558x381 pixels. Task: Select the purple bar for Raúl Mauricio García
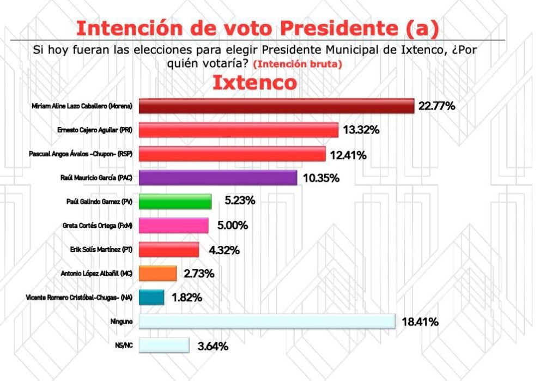coord(218,178)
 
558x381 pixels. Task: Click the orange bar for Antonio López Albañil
coord(158,273)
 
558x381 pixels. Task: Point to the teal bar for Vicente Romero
coord(151,298)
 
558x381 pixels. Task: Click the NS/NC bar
coord(164,346)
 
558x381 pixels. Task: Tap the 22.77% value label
coord(436,106)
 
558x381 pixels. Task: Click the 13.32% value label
coord(361,130)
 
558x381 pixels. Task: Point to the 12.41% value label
coord(348,155)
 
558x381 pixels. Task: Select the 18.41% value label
coord(420,322)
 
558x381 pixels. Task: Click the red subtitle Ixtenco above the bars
coord(254,83)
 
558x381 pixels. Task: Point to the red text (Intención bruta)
coord(298,64)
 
